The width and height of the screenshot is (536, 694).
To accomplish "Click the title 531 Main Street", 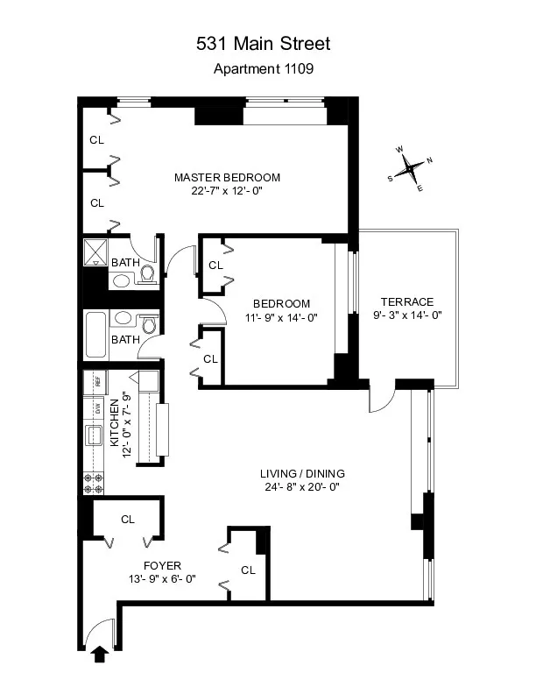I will [268, 43].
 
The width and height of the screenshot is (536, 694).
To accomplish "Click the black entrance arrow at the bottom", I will [99, 655].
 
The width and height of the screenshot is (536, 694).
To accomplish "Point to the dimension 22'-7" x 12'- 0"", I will [227, 191].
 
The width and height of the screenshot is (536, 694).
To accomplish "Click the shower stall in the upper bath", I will [94, 252].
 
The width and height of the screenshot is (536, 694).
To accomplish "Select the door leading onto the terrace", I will [380, 400].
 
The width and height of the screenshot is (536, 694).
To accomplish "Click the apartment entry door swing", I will [101, 628].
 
